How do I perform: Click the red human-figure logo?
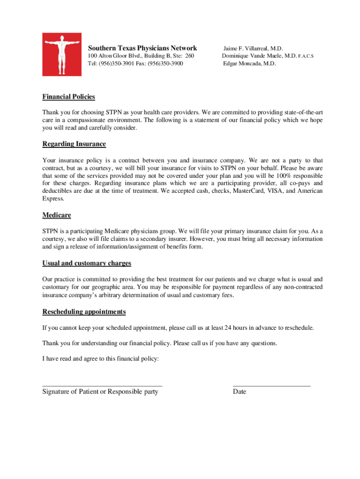tap(62, 54)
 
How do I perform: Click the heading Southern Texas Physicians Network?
tap(143, 48)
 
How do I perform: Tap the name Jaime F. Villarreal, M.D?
tap(253, 48)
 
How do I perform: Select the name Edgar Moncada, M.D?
tap(249, 64)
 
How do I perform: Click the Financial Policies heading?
tap(69, 97)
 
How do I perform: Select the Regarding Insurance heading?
tap(74, 144)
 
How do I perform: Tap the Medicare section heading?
tap(57, 216)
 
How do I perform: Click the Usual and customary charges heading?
tap(86, 263)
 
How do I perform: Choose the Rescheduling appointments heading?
tap(84, 312)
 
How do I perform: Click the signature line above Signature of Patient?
tap(102, 385)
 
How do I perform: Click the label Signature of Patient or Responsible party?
tap(100, 392)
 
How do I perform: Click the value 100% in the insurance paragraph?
tap(275, 176)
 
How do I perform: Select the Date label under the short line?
tap(239, 392)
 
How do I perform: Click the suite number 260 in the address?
tap(188, 56)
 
